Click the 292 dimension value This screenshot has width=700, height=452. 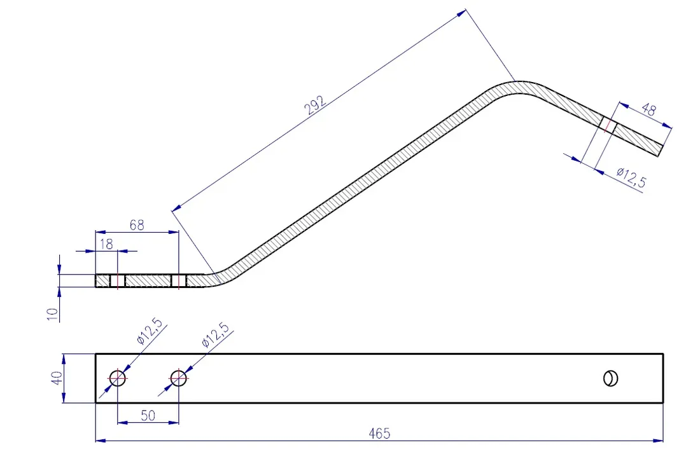(x=315, y=106)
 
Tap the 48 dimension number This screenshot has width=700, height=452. (x=648, y=109)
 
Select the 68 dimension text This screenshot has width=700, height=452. (x=137, y=225)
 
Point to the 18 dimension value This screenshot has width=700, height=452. (x=106, y=244)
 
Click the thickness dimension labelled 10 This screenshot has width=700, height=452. (x=53, y=313)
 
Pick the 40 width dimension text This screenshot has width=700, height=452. (x=57, y=378)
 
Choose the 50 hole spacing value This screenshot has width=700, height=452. (x=148, y=415)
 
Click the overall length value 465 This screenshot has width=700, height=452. (x=379, y=434)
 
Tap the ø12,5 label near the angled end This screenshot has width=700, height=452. (x=631, y=177)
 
